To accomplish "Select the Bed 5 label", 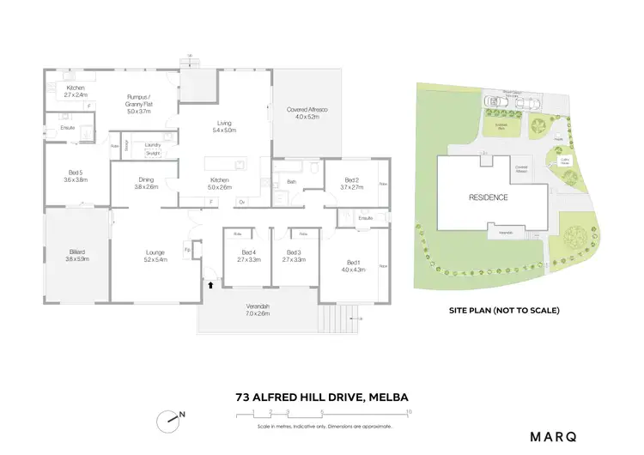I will [x=76, y=176].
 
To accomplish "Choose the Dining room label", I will [x=146, y=183].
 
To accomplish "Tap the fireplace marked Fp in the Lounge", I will [x=187, y=251].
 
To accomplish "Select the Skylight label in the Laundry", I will [x=154, y=155].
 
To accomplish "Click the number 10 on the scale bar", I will [x=409, y=412].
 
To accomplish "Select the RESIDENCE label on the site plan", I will [x=488, y=197].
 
